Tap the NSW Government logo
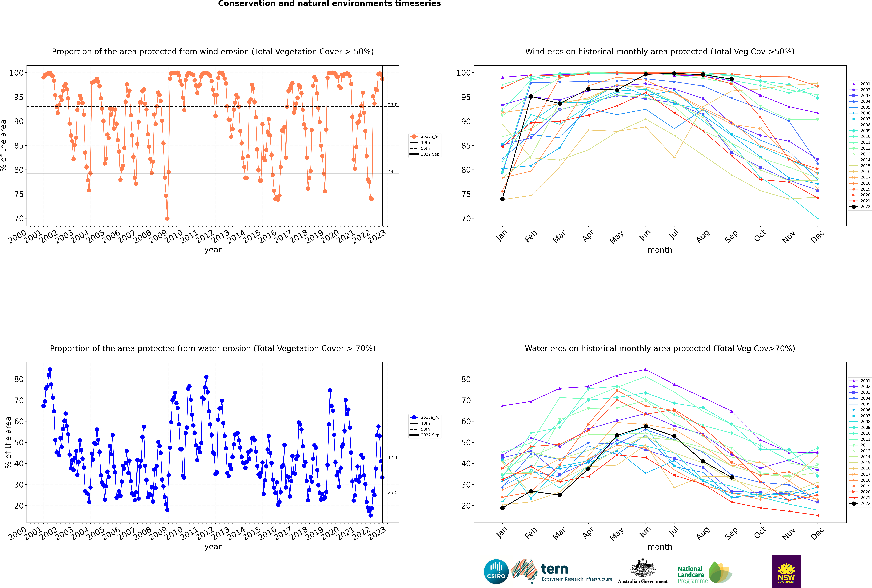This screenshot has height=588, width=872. point(786,572)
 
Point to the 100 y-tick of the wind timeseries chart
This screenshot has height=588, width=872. point(16,73)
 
